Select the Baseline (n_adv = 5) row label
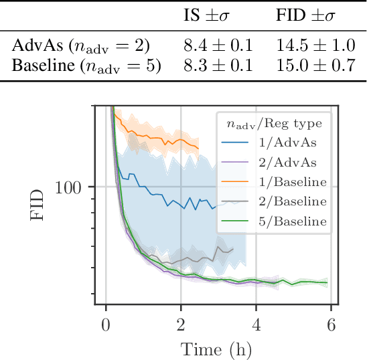coord(87,67)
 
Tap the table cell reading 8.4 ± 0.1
coord(218,47)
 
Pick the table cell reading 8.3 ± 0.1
coord(218,66)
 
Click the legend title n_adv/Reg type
coord(274,123)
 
